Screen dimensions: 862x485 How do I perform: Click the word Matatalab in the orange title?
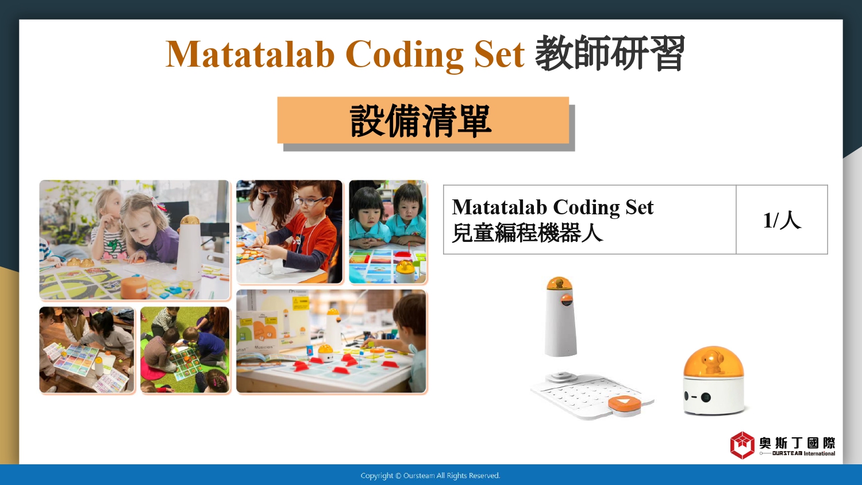250,54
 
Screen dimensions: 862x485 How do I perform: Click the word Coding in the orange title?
405,55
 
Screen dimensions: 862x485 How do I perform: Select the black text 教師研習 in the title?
610,53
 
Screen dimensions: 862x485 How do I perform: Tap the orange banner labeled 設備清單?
423,120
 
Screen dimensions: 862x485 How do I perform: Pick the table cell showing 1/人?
782,220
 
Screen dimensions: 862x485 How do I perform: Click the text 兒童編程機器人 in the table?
527,233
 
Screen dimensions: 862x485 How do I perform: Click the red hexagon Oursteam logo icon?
742,445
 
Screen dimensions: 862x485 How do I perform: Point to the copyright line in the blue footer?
430,475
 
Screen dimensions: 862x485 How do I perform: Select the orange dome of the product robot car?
713,362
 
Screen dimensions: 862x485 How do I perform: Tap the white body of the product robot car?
713,396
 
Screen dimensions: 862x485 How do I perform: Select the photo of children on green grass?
185,350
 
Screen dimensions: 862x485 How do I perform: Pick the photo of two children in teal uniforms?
388,232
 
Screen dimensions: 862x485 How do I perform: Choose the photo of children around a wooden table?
87,350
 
